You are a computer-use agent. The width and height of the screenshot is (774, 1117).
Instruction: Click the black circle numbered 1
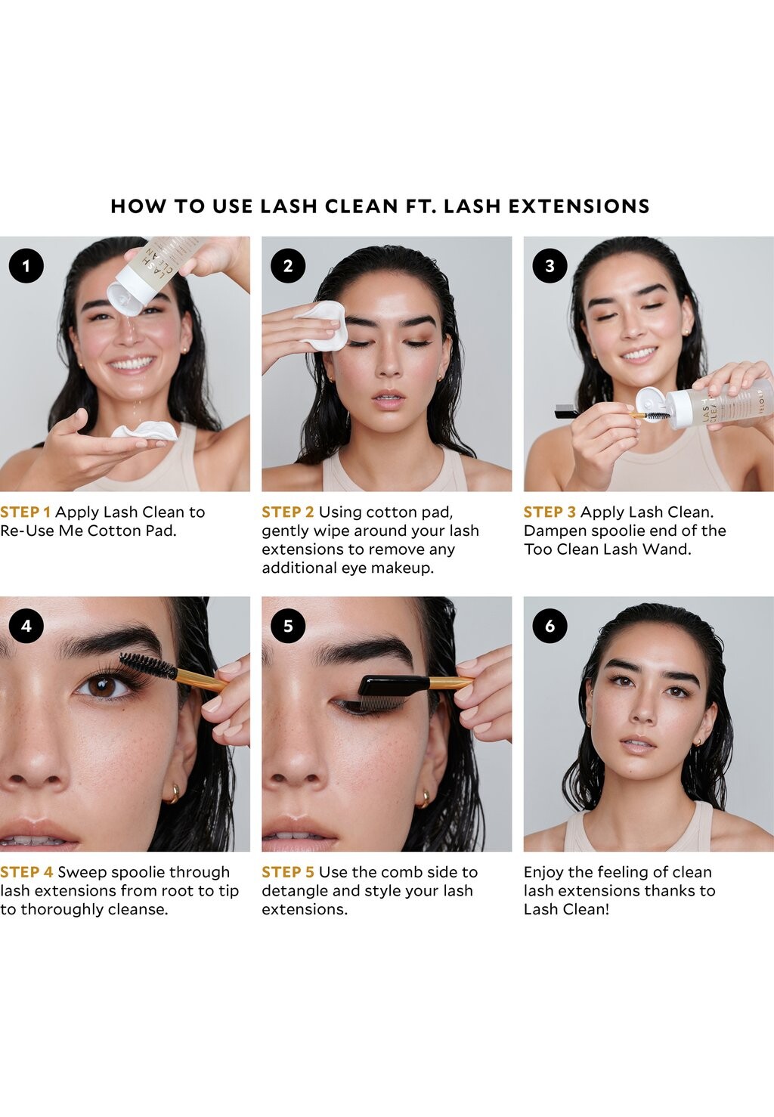point(26,266)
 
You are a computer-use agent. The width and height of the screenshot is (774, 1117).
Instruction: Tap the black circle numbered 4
point(26,625)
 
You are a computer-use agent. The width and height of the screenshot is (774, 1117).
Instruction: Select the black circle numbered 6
point(550,625)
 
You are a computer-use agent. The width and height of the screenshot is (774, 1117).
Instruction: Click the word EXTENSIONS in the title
point(579,206)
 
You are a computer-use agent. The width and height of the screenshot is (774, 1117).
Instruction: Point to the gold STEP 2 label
point(288,512)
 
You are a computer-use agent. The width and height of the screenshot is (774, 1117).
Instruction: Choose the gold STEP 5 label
point(288,872)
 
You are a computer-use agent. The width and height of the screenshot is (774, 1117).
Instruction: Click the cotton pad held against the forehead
point(322,325)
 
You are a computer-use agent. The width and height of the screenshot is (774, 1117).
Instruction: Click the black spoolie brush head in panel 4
point(147,666)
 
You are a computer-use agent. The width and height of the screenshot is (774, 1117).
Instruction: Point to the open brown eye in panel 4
point(106,687)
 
